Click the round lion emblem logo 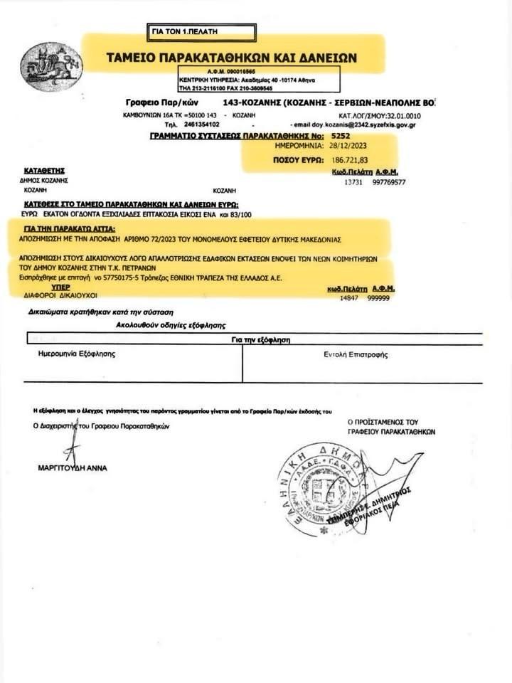pos(41,65)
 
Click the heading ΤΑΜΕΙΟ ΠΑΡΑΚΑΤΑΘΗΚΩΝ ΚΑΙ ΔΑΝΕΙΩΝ pos(231,57)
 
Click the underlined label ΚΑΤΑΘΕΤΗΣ pos(45,171)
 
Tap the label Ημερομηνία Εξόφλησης pos(76,353)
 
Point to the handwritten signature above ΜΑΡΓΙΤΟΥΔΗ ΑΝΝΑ pos(72,446)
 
